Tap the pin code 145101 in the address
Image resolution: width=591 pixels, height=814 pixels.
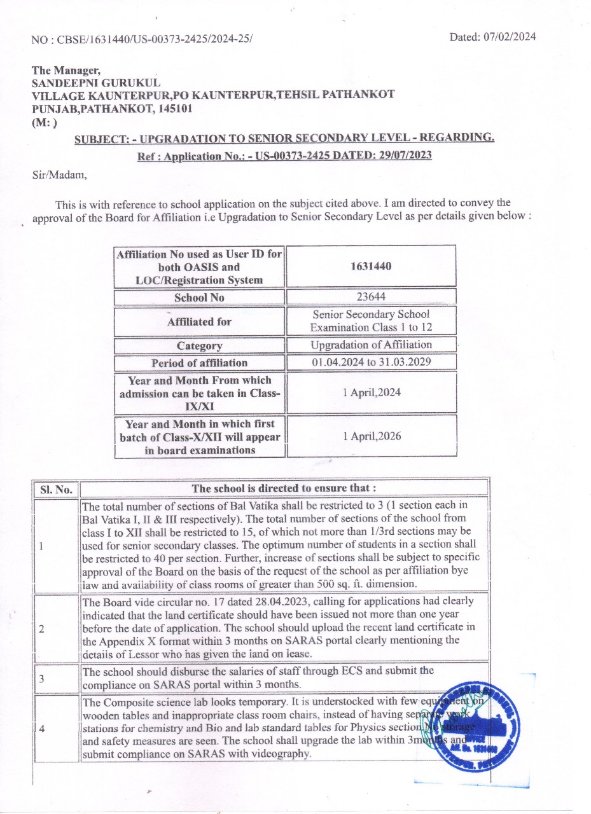(x=176, y=108)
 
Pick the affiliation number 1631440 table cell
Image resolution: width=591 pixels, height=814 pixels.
(x=371, y=266)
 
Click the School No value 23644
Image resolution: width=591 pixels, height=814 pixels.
(x=371, y=297)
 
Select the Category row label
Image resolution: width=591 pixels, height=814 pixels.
(x=199, y=346)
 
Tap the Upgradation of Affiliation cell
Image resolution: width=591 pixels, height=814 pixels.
(x=371, y=345)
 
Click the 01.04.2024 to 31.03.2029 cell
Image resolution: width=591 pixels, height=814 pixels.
(x=371, y=362)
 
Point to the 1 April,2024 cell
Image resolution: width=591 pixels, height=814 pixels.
(x=371, y=392)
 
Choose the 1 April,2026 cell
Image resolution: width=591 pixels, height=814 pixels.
(x=371, y=436)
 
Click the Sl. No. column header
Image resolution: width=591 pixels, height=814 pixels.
(x=56, y=489)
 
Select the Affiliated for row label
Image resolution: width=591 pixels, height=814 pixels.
(x=199, y=322)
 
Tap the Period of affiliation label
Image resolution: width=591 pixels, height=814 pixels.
(x=199, y=363)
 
